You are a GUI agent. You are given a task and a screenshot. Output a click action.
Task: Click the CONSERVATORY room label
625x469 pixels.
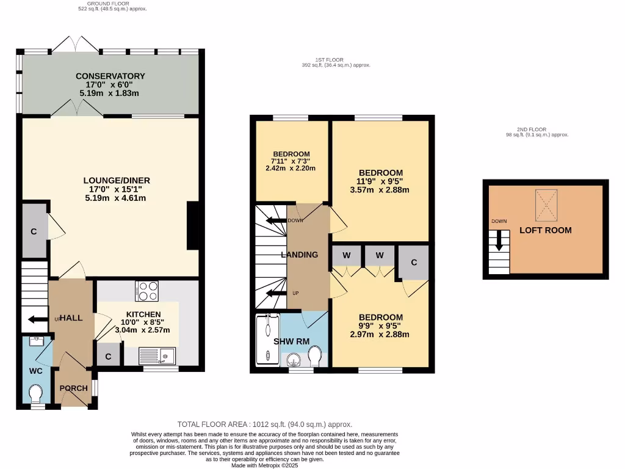tap(110, 76)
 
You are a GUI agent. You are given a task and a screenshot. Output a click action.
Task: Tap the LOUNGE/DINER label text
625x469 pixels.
tap(117, 181)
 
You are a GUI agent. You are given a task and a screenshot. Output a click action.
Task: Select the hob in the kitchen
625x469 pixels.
tap(148, 291)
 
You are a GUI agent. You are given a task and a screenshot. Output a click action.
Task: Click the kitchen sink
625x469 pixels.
tap(157, 355)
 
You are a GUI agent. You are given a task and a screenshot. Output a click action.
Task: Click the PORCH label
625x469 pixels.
tap(73, 388)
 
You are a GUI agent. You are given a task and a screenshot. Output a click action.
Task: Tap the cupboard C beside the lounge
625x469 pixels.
tap(34, 231)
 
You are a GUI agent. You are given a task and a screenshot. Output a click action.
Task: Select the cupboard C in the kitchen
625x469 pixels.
tap(109, 356)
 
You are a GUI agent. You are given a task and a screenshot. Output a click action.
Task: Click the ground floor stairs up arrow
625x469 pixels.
tap(33, 318)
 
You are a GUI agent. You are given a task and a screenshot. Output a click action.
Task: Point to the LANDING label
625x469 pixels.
tap(299, 255)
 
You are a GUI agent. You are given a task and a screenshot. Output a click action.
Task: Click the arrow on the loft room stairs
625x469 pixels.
tap(499, 239)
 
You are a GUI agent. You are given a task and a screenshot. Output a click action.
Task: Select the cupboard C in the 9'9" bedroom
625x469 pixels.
tap(414, 263)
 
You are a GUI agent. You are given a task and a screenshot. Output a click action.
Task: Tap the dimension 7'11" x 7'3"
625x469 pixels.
tap(291, 161)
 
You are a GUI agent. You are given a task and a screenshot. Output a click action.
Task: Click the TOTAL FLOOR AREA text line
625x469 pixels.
tap(265, 424)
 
